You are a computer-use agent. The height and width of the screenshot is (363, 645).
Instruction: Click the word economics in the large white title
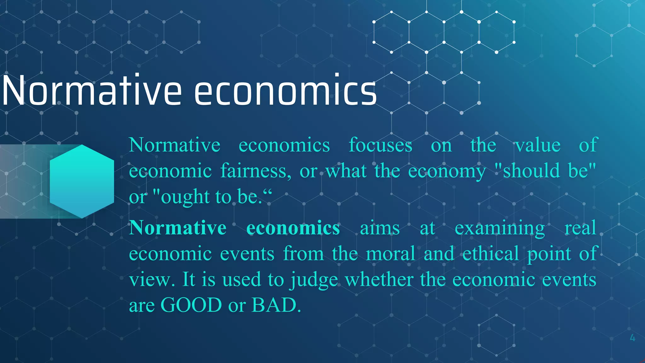tap(285, 91)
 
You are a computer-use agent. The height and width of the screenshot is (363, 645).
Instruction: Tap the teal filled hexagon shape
tap(82, 181)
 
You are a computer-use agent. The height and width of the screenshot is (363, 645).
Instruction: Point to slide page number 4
tap(632, 338)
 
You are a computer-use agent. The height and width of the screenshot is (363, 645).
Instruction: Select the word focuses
tap(380, 145)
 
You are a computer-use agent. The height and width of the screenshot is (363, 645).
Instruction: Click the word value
tap(538, 145)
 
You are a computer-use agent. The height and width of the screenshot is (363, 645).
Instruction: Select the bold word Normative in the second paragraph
tap(178, 228)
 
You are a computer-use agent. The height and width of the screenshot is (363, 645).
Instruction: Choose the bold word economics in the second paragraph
tap(293, 228)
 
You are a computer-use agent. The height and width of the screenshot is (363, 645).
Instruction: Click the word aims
tap(380, 228)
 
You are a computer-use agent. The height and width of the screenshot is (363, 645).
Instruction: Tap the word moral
tap(391, 254)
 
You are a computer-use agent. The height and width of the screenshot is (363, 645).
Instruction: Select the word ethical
tap(491, 254)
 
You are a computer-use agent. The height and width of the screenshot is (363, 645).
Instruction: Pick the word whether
tap(379, 279)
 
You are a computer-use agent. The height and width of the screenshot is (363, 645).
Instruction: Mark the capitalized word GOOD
tap(191, 305)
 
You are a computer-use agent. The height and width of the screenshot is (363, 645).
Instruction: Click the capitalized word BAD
tap(274, 305)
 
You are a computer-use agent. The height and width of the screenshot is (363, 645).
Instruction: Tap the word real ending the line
tap(580, 228)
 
